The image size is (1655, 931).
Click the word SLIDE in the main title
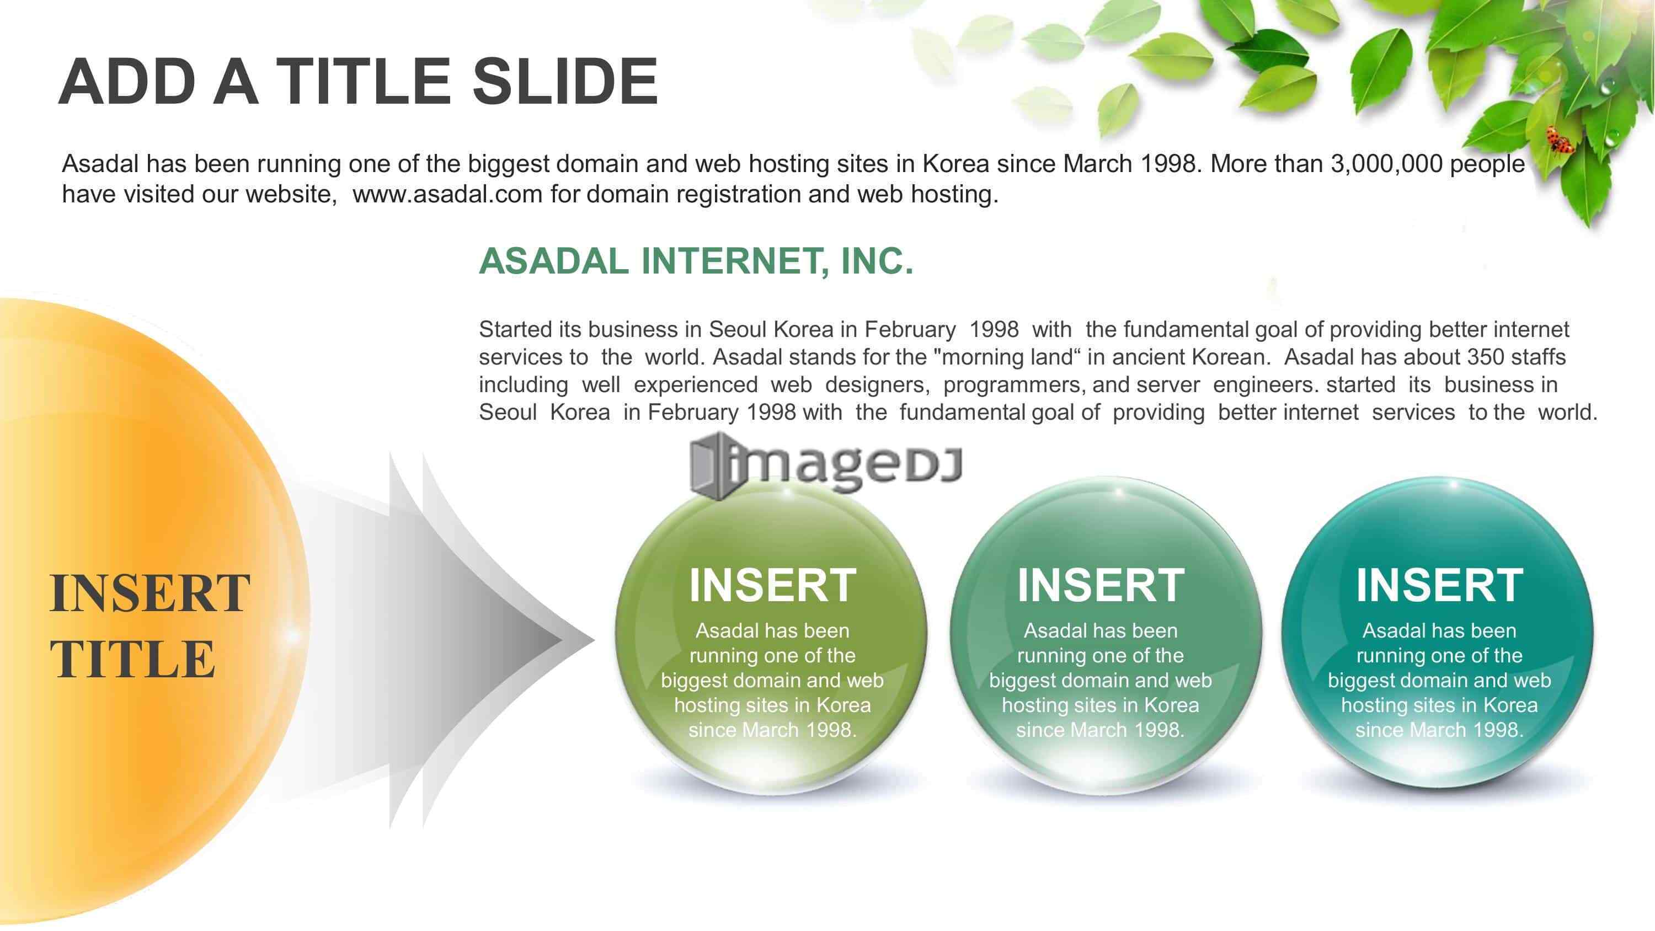click(x=565, y=82)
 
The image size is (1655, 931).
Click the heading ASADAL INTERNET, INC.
click(x=696, y=261)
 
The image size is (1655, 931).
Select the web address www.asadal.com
click(x=447, y=194)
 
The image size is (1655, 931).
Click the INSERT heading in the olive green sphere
click(x=772, y=585)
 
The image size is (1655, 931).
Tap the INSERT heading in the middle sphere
click(x=1101, y=585)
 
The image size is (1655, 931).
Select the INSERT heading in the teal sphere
click(x=1439, y=585)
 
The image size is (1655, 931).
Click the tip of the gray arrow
click(x=594, y=639)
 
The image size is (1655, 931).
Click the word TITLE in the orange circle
click(x=132, y=659)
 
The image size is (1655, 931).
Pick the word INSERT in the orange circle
click(x=150, y=593)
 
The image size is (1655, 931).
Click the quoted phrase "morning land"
click(x=1008, y=357)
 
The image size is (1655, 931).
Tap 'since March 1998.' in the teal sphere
click(x=1439, y=730)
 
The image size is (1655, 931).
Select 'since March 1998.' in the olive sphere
click(x=772, y=730)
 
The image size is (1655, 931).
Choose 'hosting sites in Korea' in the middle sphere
click(x=1101, y=705)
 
